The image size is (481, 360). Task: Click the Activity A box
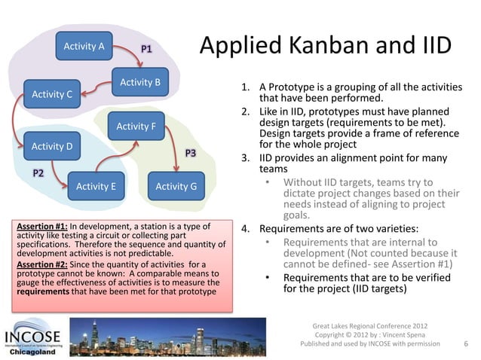[x=84, y=47]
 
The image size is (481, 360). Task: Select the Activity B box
[x=140, y=81]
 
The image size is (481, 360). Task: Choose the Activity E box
[x=96, y=186]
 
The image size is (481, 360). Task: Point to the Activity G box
[x=176, y=186]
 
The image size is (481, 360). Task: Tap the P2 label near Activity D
[x=38, y=173]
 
